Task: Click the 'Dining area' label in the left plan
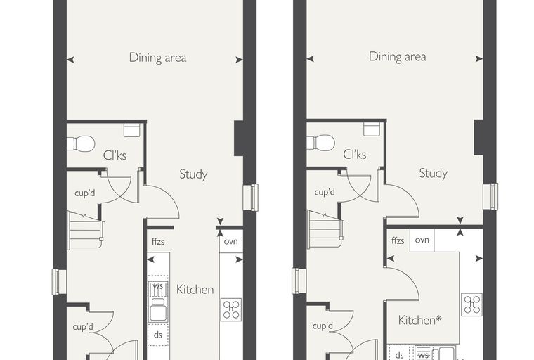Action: coord(157,58)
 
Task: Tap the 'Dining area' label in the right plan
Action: coord(398,56)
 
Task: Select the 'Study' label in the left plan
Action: coord(193,174)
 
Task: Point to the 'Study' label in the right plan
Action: coord(434,173)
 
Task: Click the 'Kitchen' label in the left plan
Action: coord(195,290)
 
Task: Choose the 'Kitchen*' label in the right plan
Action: coord(420,320)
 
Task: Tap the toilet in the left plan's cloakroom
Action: coord(81,144)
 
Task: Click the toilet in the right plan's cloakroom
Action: coord(320,143)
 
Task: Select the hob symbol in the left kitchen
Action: coord(231,309)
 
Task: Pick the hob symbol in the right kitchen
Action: coord(472,304)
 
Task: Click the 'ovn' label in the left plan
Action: coord(231,241)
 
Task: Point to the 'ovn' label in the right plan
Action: coord(422,240)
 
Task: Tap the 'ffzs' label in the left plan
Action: coord(158,241)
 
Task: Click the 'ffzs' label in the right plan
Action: coord(398,240)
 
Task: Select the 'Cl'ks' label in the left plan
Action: coord(115,155)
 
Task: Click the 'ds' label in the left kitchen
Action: coord(157,335)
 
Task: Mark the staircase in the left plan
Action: coord(86,230)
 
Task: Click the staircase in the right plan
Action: coord(325,229)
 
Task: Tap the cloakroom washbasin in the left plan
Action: coord(132,131)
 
